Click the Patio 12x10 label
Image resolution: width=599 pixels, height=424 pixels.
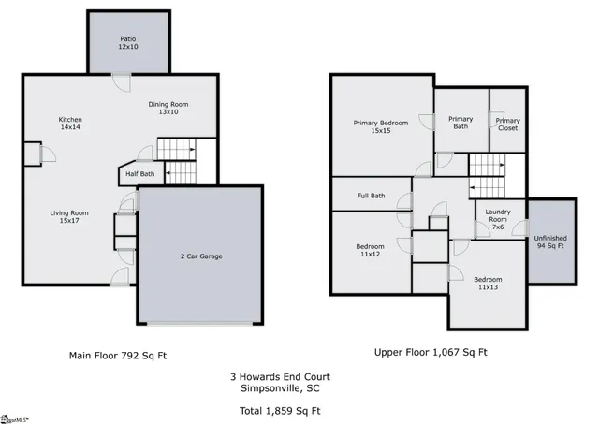[127, 43]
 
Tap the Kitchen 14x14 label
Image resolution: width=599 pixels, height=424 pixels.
[71, 124]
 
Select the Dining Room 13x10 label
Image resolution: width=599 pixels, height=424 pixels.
[168, 108]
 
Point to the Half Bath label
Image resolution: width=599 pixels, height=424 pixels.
[140, 173]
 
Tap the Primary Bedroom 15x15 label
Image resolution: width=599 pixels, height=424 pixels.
[381, 127]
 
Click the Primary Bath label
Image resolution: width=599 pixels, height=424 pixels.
[460, 124]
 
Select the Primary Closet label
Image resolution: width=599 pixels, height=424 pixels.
[507, 124]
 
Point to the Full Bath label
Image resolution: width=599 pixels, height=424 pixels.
[371, 196]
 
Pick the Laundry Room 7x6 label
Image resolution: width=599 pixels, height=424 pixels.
[498, 221]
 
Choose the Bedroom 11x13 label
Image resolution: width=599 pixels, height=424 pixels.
[487, 284]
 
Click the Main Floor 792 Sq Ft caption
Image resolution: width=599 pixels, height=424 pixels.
[118, 355]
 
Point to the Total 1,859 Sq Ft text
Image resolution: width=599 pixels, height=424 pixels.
[280, 411]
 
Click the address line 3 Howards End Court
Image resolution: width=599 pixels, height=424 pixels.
[280, 377]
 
